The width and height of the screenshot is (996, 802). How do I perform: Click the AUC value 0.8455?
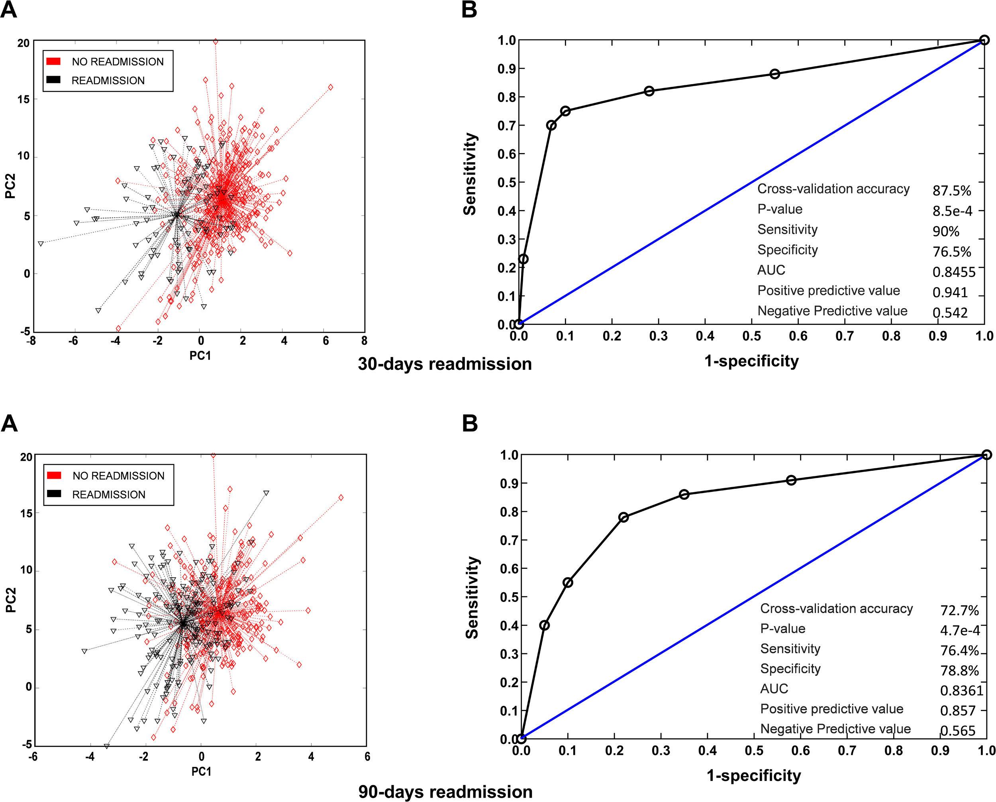pyautogui.click(x=953, y=272)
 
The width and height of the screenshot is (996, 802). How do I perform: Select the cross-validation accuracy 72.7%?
pyautogui.click(x=959, y=611)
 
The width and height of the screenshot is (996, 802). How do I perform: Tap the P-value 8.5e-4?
pyautogui.click(x=952, y=211)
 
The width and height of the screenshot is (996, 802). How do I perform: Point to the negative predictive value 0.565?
pyautogui.click(x=958, y=731)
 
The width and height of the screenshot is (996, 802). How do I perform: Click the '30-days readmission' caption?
pyautogui.click(x=444, y=364)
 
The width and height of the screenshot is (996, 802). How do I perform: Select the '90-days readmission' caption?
pyautogui.click(x=445, y=792)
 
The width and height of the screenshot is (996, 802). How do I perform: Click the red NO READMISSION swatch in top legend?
pyautogui.click(x=54, y=61)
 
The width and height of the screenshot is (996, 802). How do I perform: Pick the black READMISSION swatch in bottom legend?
pyautogui.click(x=54, y=494)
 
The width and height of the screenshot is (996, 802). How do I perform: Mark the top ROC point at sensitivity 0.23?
pyautogui.click(x=523, y=259)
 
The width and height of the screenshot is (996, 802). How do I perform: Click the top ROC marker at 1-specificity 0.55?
pyautogui.click(x=775, y=74)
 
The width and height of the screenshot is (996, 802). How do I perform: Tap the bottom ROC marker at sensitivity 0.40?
pyautogui.click(x=544, y=625)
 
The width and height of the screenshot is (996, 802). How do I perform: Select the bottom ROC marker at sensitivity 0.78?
pyautogui.click(x=623, y=517)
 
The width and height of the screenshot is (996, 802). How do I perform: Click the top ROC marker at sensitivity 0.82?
pyautogui.click(x=649, y=91)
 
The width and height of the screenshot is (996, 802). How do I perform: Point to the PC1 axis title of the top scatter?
pyautogui.click(x=200, y=356)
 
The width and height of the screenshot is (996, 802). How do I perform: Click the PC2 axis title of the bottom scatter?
pyautogui.click(x=11, y=600)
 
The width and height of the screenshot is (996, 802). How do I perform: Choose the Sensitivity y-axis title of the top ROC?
pyautogui.click(x=470, y=174)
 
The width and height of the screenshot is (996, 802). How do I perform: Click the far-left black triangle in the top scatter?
pyautogui.click(x=41, y=244)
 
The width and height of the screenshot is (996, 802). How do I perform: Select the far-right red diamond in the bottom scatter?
pyautogui.click(x=341, y=497)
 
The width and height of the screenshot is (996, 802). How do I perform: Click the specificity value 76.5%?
pyautogui.click(x=951, y=252)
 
